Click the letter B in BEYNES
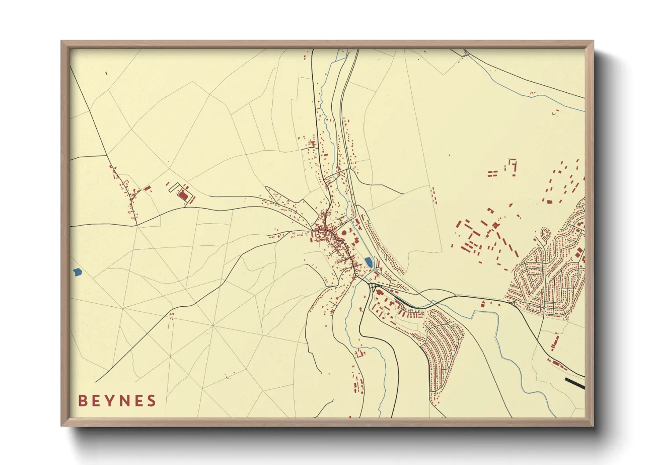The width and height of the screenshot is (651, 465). tap(82, 401)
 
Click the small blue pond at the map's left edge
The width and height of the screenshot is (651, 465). tap(77, 272)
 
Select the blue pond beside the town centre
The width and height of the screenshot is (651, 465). tap(369, 262)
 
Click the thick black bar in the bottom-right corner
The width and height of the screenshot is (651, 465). tap(574, 383)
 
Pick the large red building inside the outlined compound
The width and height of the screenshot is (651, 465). tap(183, 195)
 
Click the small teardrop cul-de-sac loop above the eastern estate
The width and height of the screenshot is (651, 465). tap(545, 233)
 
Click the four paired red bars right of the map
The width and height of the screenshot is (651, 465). tap(492, 174)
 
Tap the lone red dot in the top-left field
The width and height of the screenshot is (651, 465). tap(106, 73)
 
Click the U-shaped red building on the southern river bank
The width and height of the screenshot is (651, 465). tap(360, 353)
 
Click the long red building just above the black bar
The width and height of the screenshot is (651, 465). tap(559, 364)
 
